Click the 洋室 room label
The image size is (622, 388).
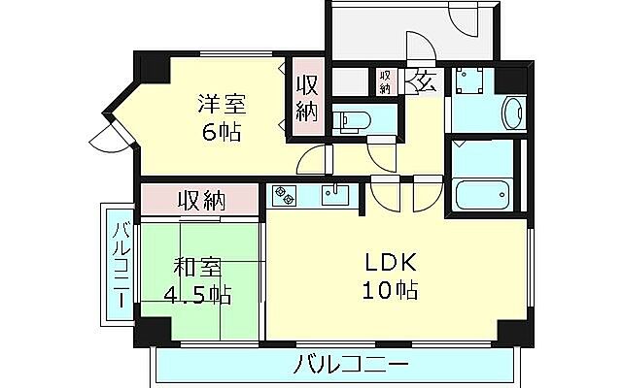click(223, 104)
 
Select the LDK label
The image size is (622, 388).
click(391, 261)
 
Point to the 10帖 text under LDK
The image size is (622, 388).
click(391, 290)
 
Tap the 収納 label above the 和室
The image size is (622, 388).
click(201, 201)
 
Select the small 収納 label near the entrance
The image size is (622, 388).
click(385, 81)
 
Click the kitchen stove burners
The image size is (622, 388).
click(285, 195)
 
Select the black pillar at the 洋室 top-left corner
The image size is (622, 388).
click(151, 68)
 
